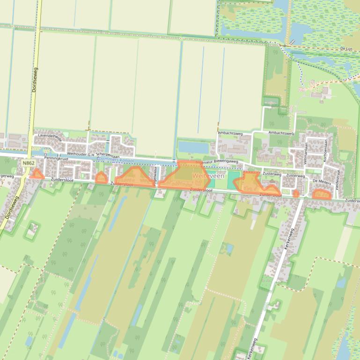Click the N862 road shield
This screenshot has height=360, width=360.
tap(29, 163)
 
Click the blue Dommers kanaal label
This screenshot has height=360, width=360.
tap(115, 160)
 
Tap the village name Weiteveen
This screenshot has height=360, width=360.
tap(208, 176)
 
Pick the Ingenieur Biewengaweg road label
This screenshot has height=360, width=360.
tap(217, 161)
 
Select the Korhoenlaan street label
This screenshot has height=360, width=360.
tap(323, 152)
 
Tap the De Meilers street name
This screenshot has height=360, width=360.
tap(322, 180)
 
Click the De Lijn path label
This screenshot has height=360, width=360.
tap(346, 49)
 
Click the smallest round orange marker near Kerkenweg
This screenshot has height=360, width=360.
tap(296, 193)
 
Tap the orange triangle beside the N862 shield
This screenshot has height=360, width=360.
tap(37, 175)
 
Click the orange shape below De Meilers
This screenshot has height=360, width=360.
tap(321, 194)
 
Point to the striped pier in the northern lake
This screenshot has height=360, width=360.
tap(292, 42)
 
